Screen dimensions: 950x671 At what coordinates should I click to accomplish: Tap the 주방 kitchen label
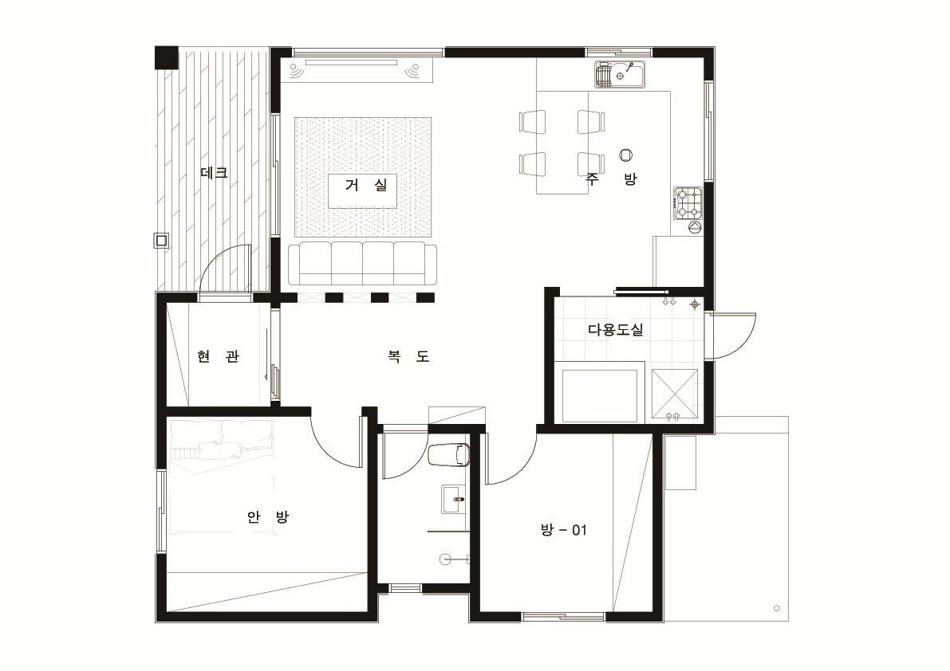pyautogui.click(x=611, y=179)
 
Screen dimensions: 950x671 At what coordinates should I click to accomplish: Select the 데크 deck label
pyautogui.click(x=215, y=173)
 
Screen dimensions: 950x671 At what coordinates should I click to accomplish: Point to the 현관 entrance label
pyautogui.click(x=218, y=356)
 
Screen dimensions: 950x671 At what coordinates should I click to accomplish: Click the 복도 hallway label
pyautogui.click(x=409, y=356)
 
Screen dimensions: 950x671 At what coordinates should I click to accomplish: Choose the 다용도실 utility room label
pyautogui.click(x=616, y=330)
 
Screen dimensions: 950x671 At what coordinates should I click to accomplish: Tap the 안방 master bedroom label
pyautogui.click(x=268, y=517)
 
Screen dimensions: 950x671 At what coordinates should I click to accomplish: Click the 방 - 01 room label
pyautogui.click(x=563, y=531)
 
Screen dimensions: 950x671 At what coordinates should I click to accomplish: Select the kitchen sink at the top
pyautogui.click(x=620, y=75)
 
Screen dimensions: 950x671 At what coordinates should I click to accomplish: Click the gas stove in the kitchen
pyautogui.click(x=688, y=203)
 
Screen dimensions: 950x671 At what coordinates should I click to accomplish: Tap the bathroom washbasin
pyautogui.click(x=454, y=500)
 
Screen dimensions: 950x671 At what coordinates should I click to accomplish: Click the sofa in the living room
pyautogui.click(x=362, y=264)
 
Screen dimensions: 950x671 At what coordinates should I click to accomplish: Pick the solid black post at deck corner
pyautogui.click(x=167, y=57)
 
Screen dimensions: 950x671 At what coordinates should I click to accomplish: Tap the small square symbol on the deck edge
pyautogui.click(x=161, y=240)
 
